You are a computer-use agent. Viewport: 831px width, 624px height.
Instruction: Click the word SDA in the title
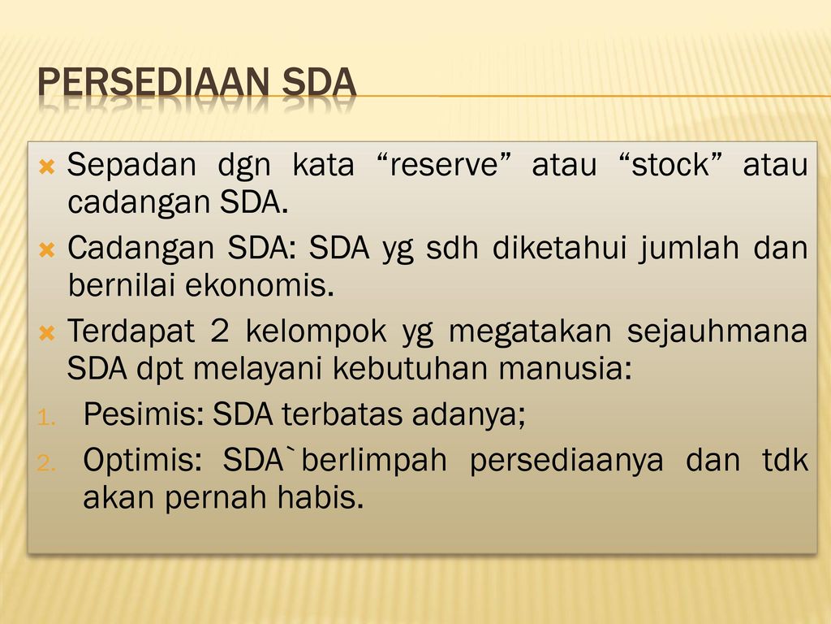point(319,82)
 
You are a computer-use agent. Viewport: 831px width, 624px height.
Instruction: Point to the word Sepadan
point(131,164)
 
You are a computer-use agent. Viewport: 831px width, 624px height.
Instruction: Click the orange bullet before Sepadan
point(46,167)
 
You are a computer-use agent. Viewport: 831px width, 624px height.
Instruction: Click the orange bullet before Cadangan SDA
point(46,249)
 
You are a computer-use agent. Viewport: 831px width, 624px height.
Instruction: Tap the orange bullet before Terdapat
point(46,333)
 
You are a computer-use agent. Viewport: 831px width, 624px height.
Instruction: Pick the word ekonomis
point(260,285)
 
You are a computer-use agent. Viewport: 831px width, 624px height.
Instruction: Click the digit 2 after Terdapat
point(220,331)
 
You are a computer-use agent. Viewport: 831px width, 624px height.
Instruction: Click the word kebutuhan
point(411,368)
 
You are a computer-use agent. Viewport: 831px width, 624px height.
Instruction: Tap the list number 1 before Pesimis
point(46,418)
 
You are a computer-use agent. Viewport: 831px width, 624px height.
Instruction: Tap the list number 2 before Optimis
point(46,464)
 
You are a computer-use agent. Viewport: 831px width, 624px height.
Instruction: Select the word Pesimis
point(144,414)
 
